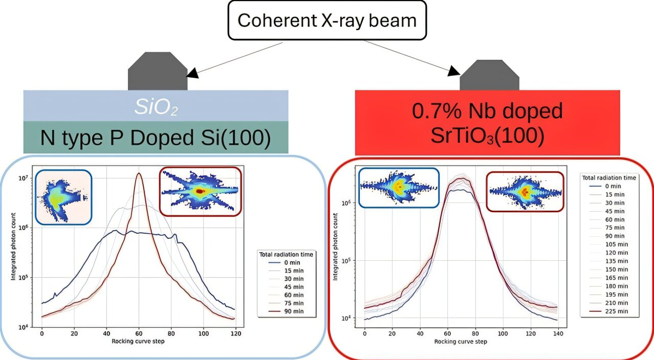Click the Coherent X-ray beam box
pyautogui.click(x=328, y=20)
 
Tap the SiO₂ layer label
pyautogui.click(x=157, y=106)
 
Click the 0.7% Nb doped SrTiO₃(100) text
pyautogui.click(x=487, y=123)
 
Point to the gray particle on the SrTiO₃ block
pyautogui.click(x=489, y=76)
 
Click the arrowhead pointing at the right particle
pyautogui.click(x=454, y=72)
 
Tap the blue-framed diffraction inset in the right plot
pyautogui.click(x=398, y=188)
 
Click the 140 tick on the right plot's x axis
pyautogui.click(x=558, y=333)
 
